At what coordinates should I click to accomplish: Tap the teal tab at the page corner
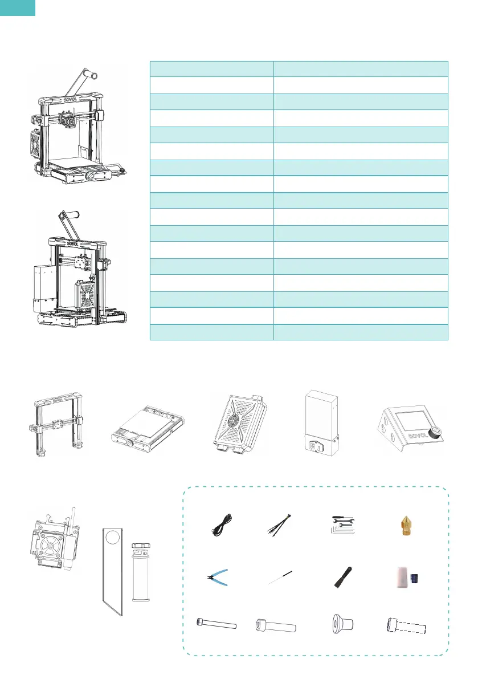pos(18,7)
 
